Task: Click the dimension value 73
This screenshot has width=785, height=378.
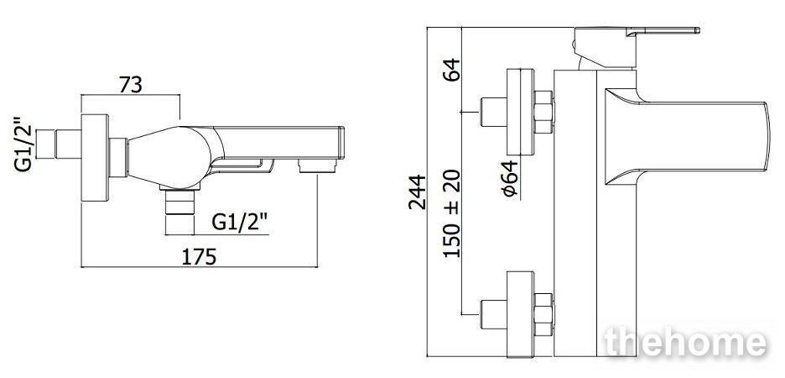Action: click(x=131, y=85)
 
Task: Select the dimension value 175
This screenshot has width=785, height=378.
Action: click(x=199, y=257)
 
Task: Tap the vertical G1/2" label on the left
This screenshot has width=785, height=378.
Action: click(x=23, y=145)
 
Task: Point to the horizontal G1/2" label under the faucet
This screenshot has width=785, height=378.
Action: click(x=241, y=222)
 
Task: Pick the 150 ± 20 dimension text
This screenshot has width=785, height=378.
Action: click(x=452, y=213)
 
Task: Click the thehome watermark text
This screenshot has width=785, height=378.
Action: click(x=686, y=343)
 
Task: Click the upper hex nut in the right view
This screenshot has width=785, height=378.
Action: click(x=543, y=112)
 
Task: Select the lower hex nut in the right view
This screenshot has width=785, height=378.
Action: click(x=543, y=314)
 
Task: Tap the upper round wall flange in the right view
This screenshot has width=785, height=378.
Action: click(x=520, y=112)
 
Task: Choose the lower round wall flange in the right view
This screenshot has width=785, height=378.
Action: click(x=520, y=314)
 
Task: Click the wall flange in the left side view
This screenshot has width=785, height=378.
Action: click(x=95, y=158)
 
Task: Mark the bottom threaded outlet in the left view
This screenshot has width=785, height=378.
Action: click(x=179, y=212)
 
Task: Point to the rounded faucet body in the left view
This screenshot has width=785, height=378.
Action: click(x=170, y=157)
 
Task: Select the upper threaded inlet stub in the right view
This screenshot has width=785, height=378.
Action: click(x=494, y=112)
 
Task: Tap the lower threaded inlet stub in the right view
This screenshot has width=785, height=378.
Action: click(x=494, y=314)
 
